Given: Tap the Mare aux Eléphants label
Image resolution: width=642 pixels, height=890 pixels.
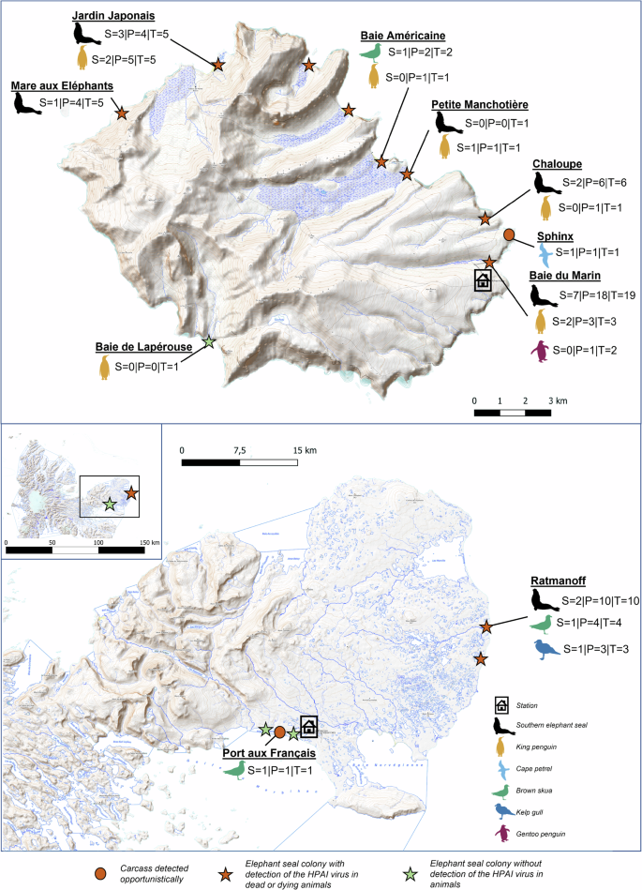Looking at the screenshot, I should [x=63, y=85].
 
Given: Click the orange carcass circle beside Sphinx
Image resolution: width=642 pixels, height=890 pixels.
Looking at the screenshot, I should [x=509, y=234].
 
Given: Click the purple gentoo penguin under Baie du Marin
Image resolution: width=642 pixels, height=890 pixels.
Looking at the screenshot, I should [x=540, y=352].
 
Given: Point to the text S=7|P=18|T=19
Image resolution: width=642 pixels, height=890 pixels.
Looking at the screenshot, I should [x=592, y=296].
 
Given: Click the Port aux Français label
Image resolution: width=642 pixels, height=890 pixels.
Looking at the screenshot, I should [x=268, y=753].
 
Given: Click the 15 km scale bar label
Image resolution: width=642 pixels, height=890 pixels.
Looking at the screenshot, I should [x=303, y=450].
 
